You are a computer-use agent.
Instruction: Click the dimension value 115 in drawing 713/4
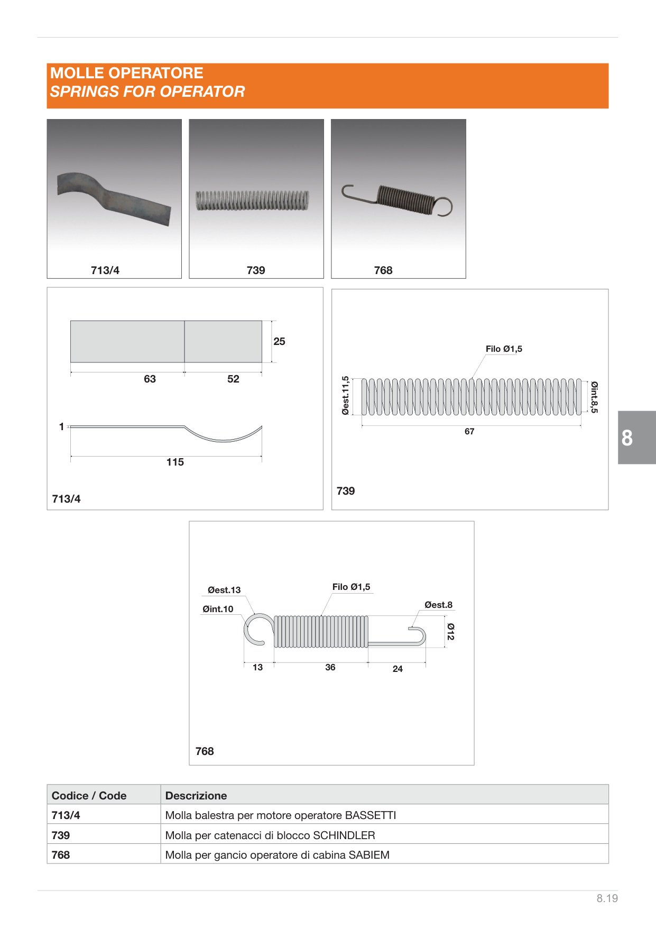(175, 462)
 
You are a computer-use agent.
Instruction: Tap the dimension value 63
(150, 379)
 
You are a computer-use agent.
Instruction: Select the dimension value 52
(233, 379)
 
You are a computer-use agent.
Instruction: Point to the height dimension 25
(279, 341)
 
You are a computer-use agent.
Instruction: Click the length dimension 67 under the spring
(469, 431)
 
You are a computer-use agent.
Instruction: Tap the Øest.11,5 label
(345, 395)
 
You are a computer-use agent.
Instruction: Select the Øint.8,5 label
(594, 397)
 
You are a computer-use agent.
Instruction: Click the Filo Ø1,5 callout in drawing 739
(504, 349)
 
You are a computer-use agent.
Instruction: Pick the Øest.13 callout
(224, 590)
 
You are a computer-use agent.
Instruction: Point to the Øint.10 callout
(218, 609)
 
